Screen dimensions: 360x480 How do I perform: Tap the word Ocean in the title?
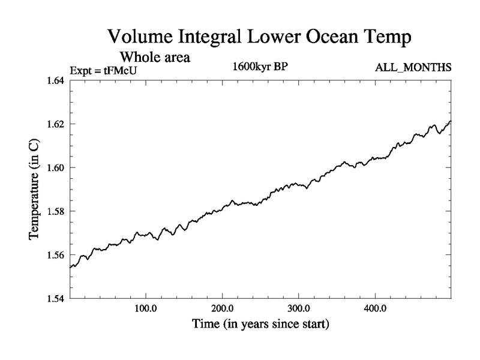[x=330, y=37]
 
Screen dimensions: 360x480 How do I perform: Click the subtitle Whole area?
[x=155, y=58]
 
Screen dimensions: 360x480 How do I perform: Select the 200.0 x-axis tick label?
[x=222, y=309]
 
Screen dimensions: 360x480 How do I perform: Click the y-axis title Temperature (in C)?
[x=35, y=190]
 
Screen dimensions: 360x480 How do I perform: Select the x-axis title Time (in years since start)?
[x=260, y=325]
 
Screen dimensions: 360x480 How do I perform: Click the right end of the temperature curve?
[x=450, y=121]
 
